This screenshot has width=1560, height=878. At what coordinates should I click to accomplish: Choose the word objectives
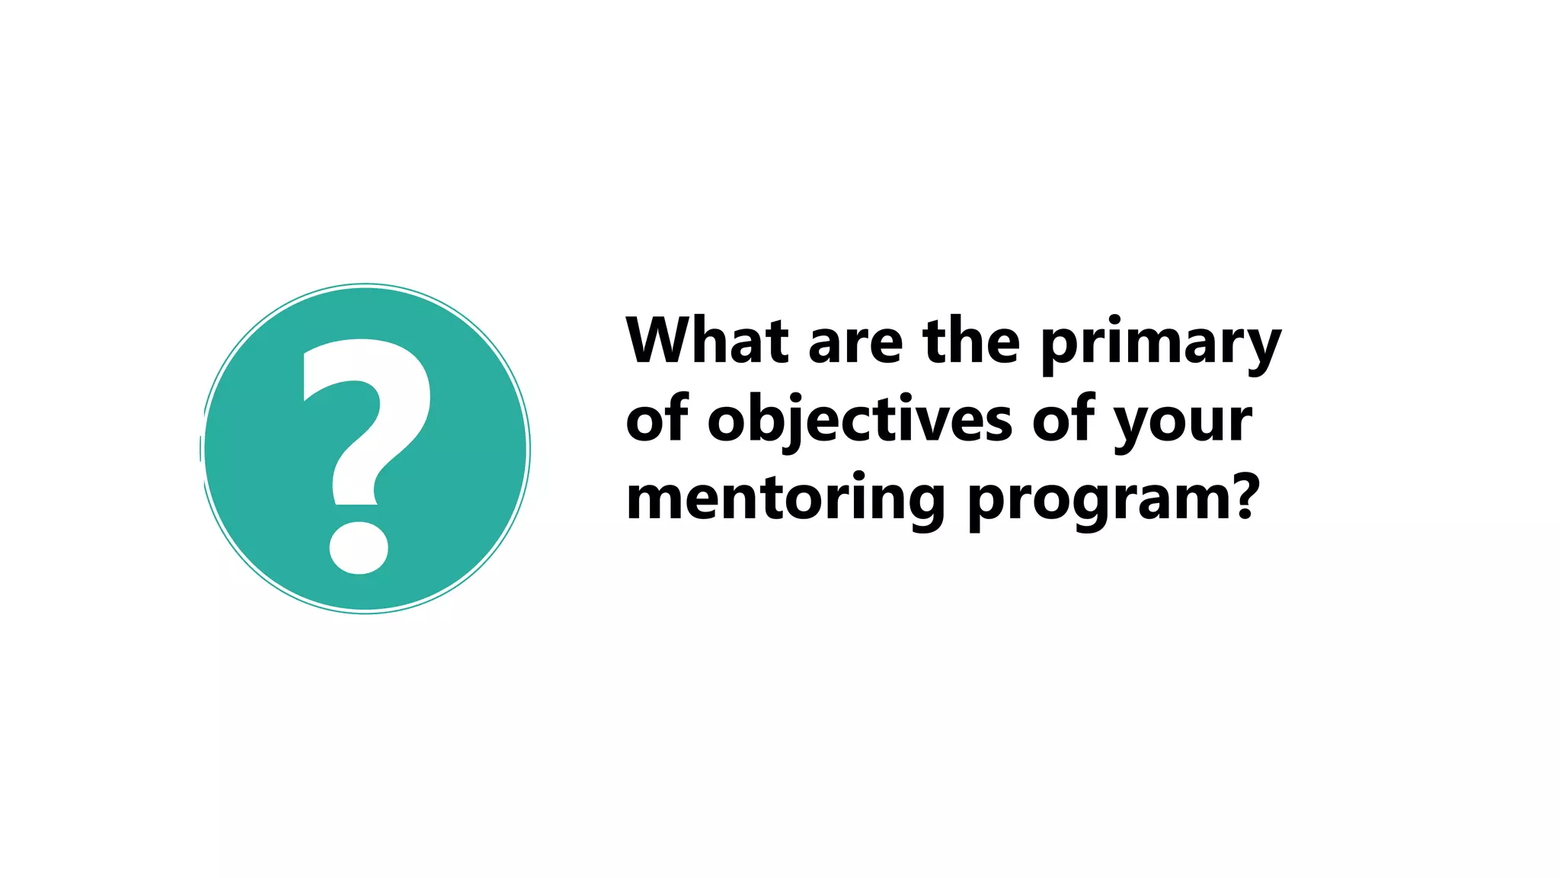tap(860, 421)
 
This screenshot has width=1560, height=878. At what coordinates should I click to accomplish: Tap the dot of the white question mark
tap(359, 547)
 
